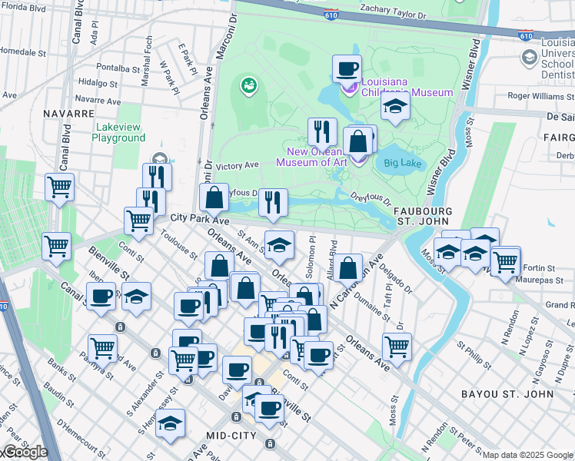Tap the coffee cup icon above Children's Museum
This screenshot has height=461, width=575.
coord(347,68)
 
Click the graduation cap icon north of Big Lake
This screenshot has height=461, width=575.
coord(395,106)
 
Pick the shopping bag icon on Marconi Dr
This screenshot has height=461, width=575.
coord(214,197)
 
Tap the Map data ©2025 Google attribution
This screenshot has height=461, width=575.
coord(527,455)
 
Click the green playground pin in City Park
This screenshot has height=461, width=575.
coord(248,85)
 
